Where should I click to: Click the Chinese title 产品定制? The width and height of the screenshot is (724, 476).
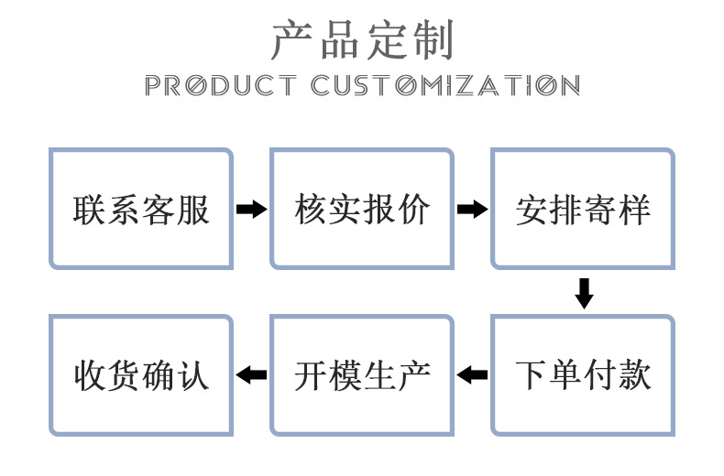(x=362, y=39)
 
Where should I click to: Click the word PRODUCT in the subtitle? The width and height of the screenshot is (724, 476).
(x=221, y=86)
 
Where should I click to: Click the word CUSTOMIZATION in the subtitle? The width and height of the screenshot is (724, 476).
(x=445, y=86)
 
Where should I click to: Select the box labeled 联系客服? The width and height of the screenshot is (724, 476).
(x=141, y=210)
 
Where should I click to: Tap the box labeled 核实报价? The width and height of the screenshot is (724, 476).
(x=362, y=210)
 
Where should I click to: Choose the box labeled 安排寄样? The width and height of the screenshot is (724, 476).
(x=583, y=210)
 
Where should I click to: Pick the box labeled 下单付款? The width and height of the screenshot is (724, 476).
(x=583, y=374)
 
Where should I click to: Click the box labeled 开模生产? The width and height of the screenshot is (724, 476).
(x=362, y=374)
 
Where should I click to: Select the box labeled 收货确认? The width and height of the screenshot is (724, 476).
(x=141, y=374)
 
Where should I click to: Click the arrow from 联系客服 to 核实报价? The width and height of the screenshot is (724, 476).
(x=251, y=210)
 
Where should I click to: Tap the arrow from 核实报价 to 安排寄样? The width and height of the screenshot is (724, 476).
(x=472, y=210)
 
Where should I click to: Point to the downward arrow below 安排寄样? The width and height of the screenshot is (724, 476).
(x=584, y=292)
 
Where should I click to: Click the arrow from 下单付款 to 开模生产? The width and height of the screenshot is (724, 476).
(x=472, y=374)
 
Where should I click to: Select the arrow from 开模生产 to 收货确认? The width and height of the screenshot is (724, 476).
(x=251, y=374)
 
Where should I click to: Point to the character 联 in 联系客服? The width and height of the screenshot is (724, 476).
(x=90, y=211)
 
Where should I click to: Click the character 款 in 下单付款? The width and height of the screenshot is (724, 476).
(x=634, y=375)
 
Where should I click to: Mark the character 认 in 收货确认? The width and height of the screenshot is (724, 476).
(x=193, y=375)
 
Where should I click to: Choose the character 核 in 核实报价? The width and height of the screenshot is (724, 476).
(x=311, y=211)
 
